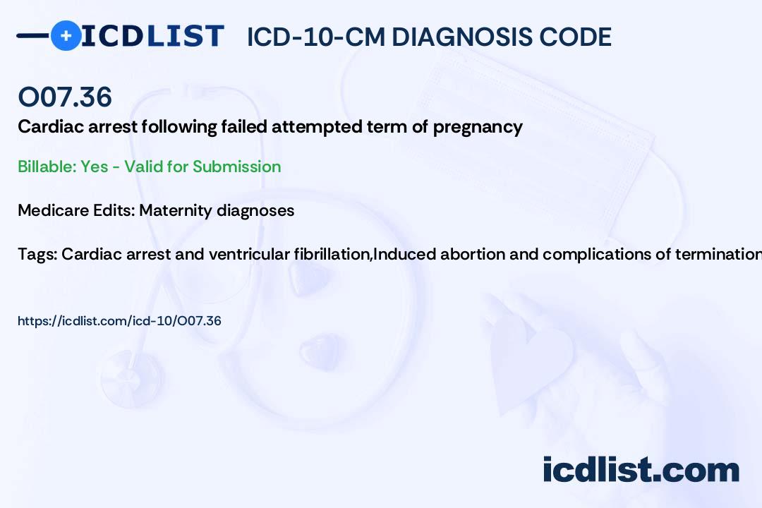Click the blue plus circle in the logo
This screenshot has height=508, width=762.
click(66, 35)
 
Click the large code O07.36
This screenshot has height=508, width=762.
click(65, 97)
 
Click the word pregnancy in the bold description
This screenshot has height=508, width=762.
click(478, 128)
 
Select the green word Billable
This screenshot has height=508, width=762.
click(47, 167)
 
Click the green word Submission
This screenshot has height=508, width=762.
click(236, 167)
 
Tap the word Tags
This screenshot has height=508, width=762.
click(37, 255)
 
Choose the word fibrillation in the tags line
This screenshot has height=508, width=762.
click(332, 254)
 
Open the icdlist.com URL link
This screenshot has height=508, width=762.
click(119, 321)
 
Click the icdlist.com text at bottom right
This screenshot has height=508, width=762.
click(641, 470)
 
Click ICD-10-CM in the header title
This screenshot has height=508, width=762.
click(316, 37)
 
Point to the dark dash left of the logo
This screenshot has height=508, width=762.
click(33, 35)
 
